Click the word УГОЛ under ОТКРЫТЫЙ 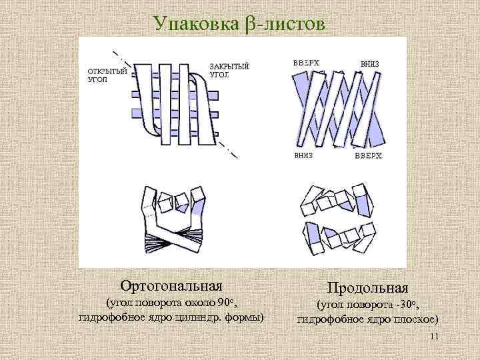[97, 79]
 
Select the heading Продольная [367, 287]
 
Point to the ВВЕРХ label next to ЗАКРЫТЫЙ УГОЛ [306, 63]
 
